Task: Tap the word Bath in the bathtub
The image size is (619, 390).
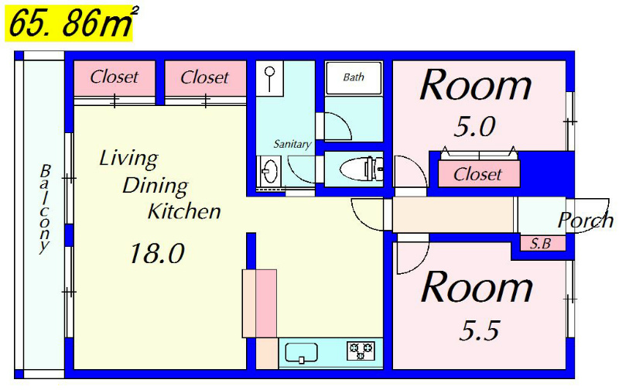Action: coord(354,77)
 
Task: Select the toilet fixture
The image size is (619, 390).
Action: coord(361,169)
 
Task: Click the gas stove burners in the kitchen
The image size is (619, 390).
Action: coord(361,351)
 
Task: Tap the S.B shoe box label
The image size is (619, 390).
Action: coord(540,244)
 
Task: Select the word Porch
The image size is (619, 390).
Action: coord(586,221)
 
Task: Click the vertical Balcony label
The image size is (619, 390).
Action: coord(45,209)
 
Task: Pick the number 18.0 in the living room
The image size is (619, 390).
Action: coord(157,253)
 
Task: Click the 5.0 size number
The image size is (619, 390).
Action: coord(474,127)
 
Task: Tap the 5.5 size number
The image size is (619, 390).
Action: coord(479,330)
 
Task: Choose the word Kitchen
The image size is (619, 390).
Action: coord(184,211)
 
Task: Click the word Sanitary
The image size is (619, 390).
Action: coord(292,144)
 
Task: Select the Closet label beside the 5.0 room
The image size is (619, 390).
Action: coord(477,174)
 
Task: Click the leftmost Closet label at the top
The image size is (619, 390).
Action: coord(114,77)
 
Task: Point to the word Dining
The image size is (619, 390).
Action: coord(156,186)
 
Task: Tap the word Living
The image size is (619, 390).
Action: coord(128,159)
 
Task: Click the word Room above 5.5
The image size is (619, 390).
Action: coord(477,287)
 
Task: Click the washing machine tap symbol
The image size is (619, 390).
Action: coord(269,77)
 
